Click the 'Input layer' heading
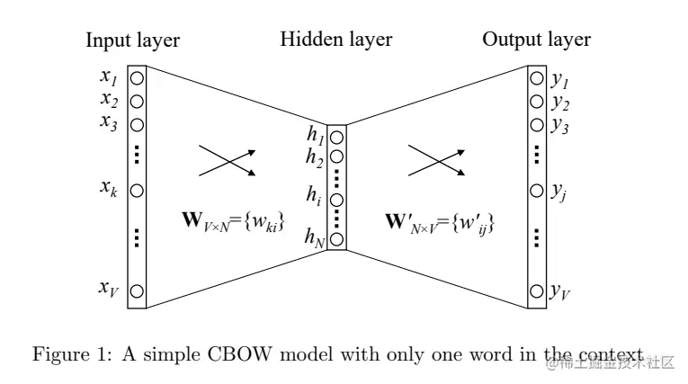[132, 40]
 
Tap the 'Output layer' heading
[536, 40]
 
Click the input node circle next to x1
[138, 78]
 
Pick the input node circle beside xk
[138, 192]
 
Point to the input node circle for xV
[138, 290]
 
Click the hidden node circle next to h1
[336, 138]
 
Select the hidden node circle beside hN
[336, 239]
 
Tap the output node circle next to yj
[537, 192]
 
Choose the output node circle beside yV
[537, 290]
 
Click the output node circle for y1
[537, 78]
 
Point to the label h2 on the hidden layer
[315, 156]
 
